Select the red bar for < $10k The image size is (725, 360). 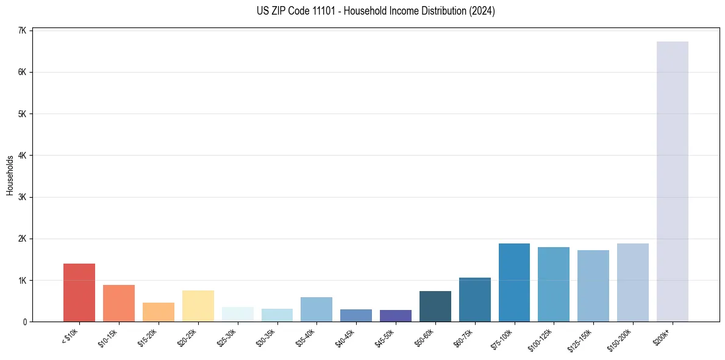pyautogui.click(x=79, y=292)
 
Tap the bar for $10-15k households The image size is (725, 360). pyautogui.click(x=119, y=303)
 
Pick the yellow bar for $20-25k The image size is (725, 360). pyautogui.click(x=198, y=306)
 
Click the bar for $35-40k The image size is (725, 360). pyautogui.click(x=316, y=309)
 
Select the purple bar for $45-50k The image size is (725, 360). pyautogui.click(x=395, y=315)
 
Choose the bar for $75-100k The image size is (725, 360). pyautogui.click(x=514, y=283)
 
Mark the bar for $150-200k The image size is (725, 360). pyautogui.click(x=632, y=283)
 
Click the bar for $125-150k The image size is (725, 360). pyautogui.click(x=593, y=286)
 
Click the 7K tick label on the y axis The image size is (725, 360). pyautogui.click(x=22, y=31)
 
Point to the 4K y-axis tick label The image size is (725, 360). pyautogui.click(x=22, y=156)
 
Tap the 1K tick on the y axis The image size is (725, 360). pyautogui.click(x=22, y=280)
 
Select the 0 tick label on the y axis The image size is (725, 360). pyautogui.click(x=24, y=322)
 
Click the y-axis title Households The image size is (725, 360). pyautogui.click(x=10, y=175)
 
